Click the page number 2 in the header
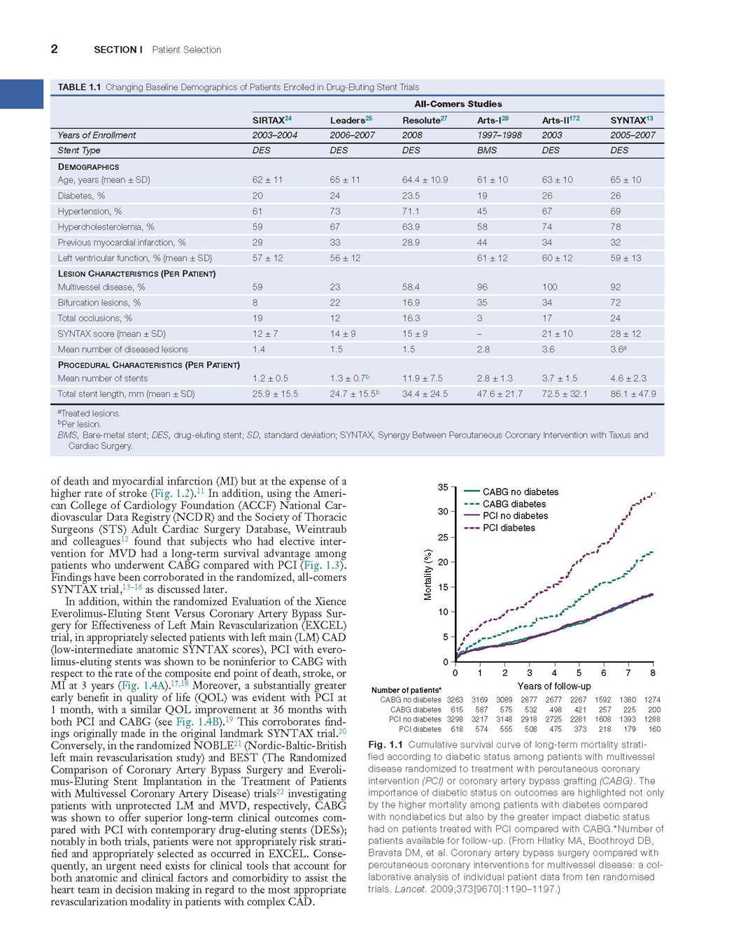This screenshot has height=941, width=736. pos(54,49)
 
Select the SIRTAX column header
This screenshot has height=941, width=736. pos(271,120)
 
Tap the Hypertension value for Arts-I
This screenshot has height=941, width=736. pos(482,211)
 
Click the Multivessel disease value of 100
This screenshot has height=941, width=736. pos(550,287)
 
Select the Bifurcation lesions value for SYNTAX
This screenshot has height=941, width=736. pos(615,302)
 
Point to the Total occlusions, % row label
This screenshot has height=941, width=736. pos(95,318)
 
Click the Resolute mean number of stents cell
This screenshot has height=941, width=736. pos(423,378)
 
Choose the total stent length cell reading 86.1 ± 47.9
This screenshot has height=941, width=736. pos(633,394)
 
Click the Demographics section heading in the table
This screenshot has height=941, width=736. pos(88,166)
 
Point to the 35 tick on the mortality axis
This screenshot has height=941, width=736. pos(443,487)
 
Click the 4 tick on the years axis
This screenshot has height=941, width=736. pos(554,673)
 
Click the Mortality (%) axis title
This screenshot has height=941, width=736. pos(428,574)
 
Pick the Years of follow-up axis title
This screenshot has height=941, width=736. pos(554,686)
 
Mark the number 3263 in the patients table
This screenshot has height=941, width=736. pos(455,700)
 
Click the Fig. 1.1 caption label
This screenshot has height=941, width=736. pos(385,745)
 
